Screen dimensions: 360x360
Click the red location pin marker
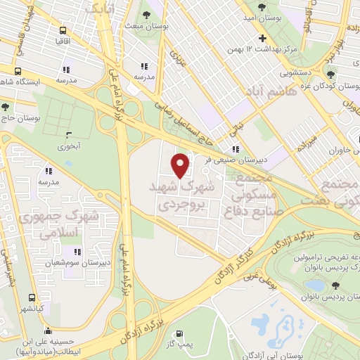click(x=181, y=165)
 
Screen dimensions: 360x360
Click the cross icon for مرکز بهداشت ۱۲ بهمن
click(x=262, y=38)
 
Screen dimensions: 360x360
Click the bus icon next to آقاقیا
click(x=63, y=31)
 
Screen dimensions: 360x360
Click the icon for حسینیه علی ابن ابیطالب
click(x=47, y=329)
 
